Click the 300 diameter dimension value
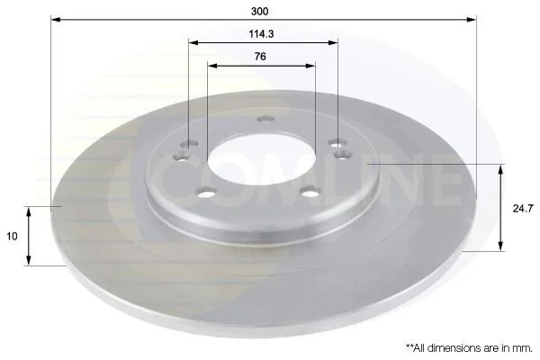coord(260,12)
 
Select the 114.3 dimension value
coord(261,34)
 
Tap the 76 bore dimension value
coord(260,56)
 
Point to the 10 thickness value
coord(12,237)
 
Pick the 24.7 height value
coord(523,208)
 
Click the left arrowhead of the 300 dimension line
coord(56,19)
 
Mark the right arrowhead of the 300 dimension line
coord(472,19)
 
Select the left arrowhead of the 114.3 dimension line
coord(193,42)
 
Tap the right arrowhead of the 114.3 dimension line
coord(333,42)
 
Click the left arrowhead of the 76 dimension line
coord(212,65)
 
